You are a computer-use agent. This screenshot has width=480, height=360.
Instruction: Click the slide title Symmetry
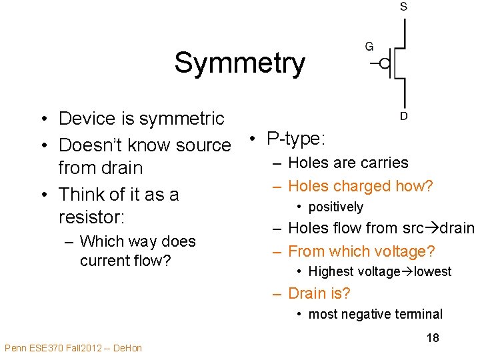(239, 63)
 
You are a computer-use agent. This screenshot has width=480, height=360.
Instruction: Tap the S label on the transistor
(404, 7)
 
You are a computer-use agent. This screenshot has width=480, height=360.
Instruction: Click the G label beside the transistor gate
(369, 47)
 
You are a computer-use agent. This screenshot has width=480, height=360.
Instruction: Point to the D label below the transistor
(404, 116)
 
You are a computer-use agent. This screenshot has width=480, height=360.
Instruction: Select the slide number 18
(433, 338)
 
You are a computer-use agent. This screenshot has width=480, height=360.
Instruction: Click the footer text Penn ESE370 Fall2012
(73, 348)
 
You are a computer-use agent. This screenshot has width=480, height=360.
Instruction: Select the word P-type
(295, 139)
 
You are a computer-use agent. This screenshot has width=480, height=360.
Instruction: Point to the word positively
(336, 207)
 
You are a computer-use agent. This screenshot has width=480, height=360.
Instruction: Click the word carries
(383, 163)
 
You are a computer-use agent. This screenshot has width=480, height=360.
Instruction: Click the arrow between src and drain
(430, 229)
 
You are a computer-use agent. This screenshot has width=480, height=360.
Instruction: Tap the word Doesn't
(87, 145)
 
